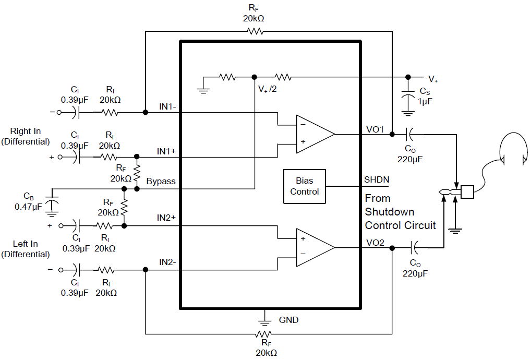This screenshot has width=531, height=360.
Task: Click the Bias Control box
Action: (x=304, y=186)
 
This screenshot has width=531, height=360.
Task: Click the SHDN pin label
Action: (x=376, y=180)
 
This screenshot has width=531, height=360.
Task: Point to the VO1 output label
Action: (x=375, y=129)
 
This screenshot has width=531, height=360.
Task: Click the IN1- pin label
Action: (x=167, y=106)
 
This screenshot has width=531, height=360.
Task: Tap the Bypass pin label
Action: (x=161, y=182)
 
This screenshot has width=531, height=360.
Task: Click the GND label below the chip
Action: (x=289, y=320)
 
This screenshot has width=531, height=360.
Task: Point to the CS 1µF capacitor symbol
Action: (x=408, y=96)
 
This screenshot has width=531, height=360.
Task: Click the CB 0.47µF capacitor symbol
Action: (x=51, y=203)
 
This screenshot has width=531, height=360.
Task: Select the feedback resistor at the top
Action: (x=256, y=31)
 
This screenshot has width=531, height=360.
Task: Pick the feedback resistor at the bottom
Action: (x=263, y=334)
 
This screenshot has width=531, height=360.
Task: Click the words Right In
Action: (x=26, y=131)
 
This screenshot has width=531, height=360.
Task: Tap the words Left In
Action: (x=26, y=244)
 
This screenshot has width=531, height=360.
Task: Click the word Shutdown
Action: (x=390, y=212)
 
